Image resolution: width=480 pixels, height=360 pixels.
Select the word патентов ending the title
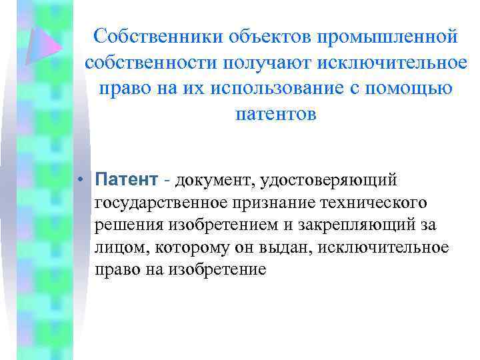click(x=276, y=114)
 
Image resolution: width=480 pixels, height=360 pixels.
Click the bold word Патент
click(x=126, y=179)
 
